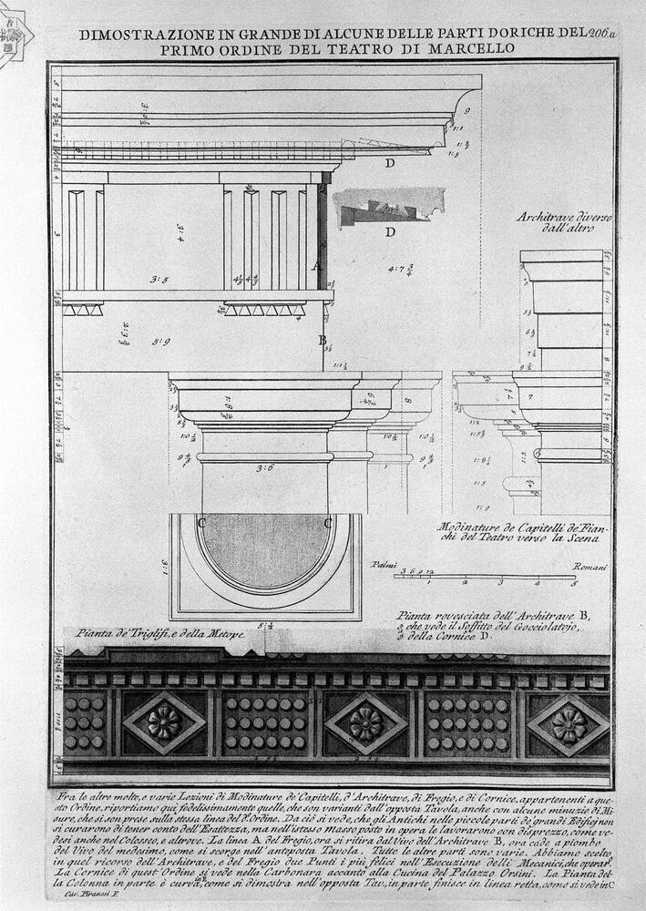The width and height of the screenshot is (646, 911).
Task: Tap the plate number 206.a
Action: tap(603, 34)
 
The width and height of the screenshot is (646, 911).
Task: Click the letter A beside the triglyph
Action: tap(316, 267)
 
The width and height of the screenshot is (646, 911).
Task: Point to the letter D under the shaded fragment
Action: tap(390, 232)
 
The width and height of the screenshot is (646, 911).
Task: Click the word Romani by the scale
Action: tap(590, 566)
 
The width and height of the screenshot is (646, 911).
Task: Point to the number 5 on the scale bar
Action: tap(572, 583)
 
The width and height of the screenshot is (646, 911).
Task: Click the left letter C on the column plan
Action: tap(200, 522)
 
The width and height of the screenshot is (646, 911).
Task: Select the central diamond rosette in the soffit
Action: tap(365, 723)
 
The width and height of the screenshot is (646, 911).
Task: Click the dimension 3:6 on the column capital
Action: tap(265, 468)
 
